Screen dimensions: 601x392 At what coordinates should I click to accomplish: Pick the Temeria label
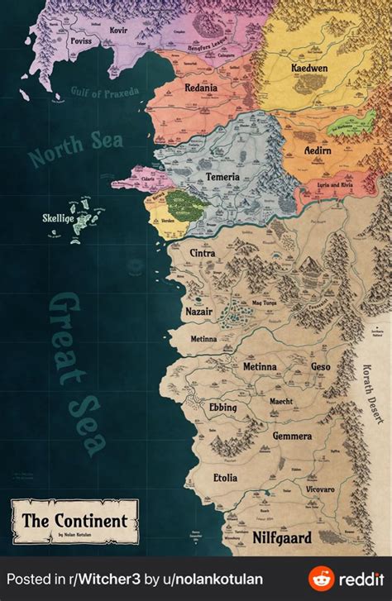point(222,177)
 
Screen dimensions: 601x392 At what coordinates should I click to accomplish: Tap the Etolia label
point(224,478)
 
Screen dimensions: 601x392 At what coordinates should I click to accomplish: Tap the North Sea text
point(75,148)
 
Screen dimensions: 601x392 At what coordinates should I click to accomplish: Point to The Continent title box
point(74,521)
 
